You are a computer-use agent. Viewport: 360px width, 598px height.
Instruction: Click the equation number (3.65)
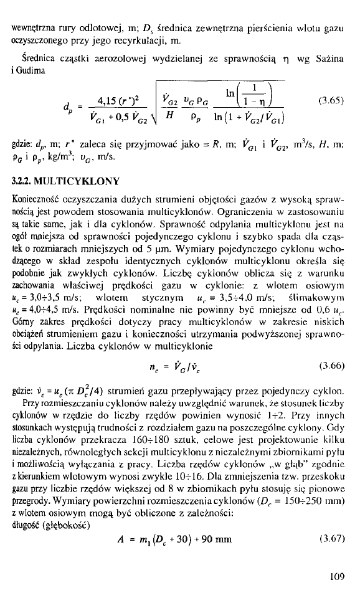click(x=331, y=98)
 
